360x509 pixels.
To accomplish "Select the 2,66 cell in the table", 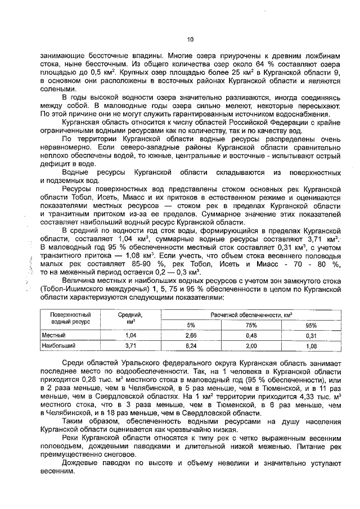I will pos(190,335).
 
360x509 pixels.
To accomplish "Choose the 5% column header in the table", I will pos(190,325).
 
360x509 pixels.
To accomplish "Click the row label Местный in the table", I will pos(52,335).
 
